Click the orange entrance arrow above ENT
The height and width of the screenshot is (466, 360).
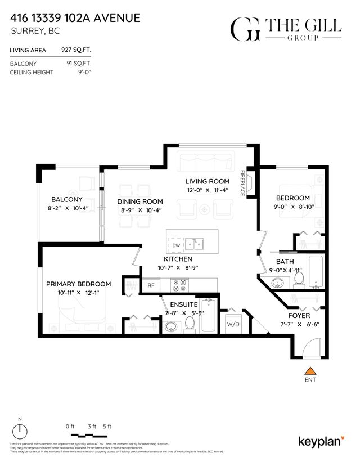[309, 371]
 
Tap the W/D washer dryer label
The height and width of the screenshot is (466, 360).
[233, 324]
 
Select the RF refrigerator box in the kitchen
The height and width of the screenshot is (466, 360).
[151, 285]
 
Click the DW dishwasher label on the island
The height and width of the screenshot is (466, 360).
[176, 245]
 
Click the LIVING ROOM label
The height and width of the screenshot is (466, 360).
[208, 181]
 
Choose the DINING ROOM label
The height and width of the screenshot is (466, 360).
[140, 201]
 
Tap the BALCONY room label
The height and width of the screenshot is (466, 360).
[67, 199]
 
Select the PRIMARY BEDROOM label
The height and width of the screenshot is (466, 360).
[78, 284]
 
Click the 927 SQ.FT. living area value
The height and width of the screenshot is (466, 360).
[75, 50]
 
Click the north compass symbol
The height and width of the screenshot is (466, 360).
[21, 431]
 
